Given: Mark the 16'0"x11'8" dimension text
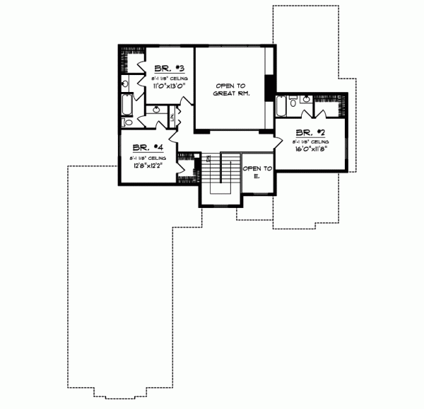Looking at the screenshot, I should coord(310,149).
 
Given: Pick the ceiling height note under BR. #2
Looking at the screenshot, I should coord(310,141).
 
